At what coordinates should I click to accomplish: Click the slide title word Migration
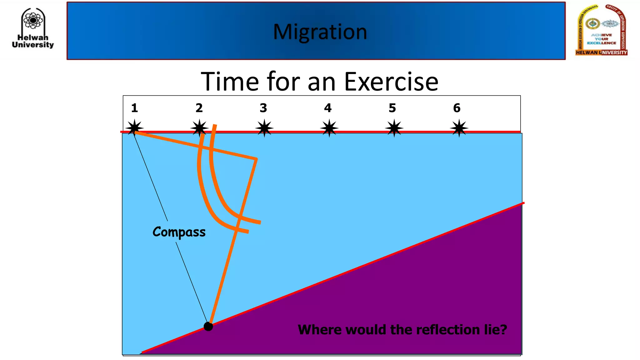tap(320, 32)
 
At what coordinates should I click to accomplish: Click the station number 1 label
tap(134, 108)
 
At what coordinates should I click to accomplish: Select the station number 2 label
tap(199, 108)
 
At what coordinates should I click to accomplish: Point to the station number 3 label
tap(263, 108)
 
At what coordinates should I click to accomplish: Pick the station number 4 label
tap(327, 108)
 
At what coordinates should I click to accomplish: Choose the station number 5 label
tap(392, 108)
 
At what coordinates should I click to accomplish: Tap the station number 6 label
tap(457, 108)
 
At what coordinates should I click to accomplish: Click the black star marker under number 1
tap(134, 128)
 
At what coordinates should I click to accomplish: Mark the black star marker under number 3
tap(264, 128)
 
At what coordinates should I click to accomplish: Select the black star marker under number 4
tap(329, 128)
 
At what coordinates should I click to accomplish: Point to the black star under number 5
tap(394, 128)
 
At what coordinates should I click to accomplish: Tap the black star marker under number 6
tap(459, 128)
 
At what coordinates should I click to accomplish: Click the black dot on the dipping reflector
tap(208, 327)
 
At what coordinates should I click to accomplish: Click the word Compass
tap(179, 232)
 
